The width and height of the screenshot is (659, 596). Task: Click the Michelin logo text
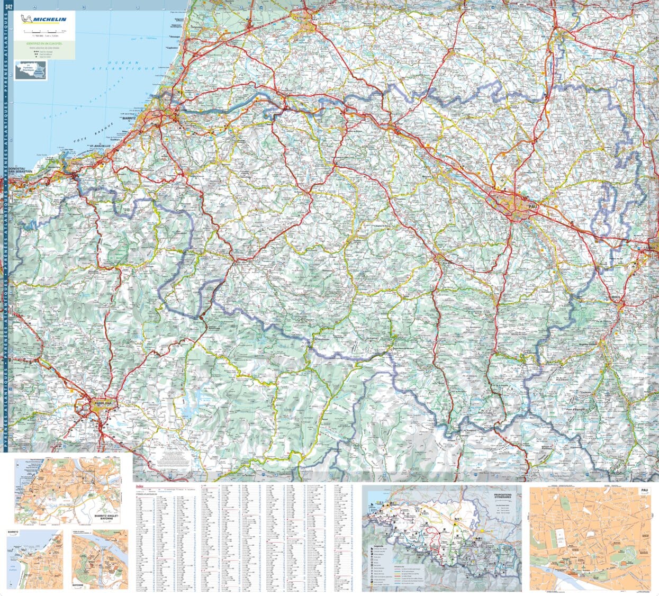click(x=49, y=20)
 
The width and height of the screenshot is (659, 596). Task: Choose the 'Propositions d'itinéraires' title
click(x=503, y=498)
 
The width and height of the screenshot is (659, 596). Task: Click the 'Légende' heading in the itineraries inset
click(x=378, y=545)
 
